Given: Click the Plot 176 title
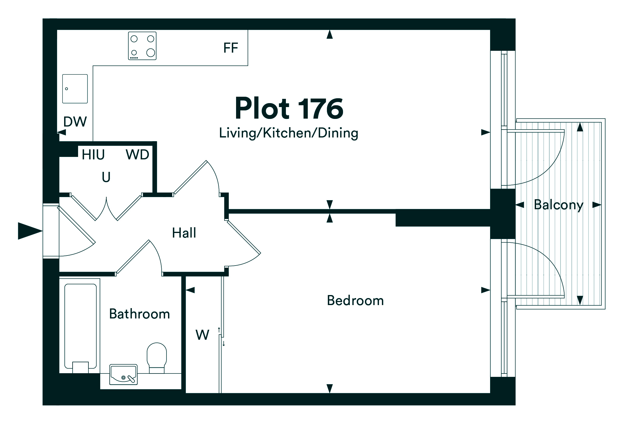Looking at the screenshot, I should (x=289, y=109).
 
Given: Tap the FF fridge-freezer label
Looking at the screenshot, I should (x=231, y=48).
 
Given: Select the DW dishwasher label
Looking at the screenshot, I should (x=75, y=122).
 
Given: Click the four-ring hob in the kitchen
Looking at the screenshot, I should (x=142, y=46).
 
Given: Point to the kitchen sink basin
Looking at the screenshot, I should (x=75, y=89).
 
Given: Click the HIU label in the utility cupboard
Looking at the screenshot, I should (x=93, y=155).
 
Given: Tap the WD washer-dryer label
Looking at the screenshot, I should (x=137, y=155).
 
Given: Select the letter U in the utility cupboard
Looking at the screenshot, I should (x=106, y=177).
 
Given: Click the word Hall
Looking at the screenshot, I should (x=184, y=233).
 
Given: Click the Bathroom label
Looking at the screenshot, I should (x=139, y=314).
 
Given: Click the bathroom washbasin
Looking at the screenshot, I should (x=123, y=374).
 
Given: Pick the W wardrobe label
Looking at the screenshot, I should (x=202, y=335).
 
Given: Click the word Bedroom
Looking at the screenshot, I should (x=355, y=301).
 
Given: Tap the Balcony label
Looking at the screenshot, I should (x=558, y=205).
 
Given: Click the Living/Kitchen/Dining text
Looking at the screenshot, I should (x=289, y=133).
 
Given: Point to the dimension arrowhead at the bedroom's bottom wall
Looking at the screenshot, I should (x=330, y=388).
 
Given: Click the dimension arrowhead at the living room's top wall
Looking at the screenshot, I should (x=330, y=34).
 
